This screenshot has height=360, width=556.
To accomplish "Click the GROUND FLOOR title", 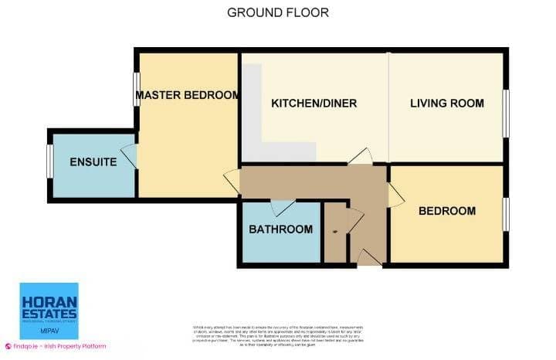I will pyautogui.click(x=278, y=12).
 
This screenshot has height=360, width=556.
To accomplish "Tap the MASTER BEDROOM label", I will pyautogui.click(x=187, y=96).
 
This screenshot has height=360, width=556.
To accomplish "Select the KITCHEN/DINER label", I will pyautogui.click(x=314, y=104).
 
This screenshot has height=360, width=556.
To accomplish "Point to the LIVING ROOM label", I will pyautogui.click(x=447, y=104).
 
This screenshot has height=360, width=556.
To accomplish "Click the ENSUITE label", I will pyautogui.click(x=93, y=162).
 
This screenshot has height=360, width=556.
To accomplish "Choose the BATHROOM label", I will pyautogui.click(x=280, y=229).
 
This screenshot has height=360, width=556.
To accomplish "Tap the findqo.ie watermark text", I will pyautogui.click(x=58, y=346).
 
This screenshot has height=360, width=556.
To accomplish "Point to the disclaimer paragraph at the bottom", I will pyautogui.click(x=278, y=336).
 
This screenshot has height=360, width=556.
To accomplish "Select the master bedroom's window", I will pyautogui.click(x=137, y=91).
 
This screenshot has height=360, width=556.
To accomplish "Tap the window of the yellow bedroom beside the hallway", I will pyautogui.click(x=507, y=214).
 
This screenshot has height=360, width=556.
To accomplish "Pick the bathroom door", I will pyautogui.click(x=283, y=207).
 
